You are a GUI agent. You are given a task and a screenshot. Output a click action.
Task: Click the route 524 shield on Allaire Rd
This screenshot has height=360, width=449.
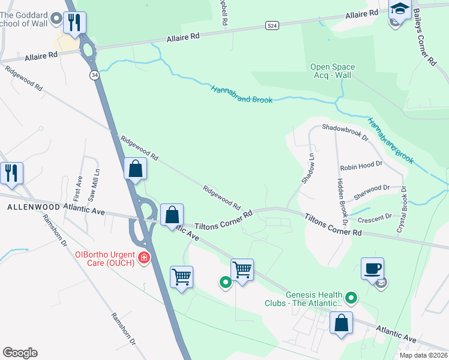(x=272, y=26)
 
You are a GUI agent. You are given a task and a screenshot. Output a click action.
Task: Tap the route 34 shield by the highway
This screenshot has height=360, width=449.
(x=94, y=75)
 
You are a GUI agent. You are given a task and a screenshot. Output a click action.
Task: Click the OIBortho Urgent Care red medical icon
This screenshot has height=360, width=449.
(x=143, y=258)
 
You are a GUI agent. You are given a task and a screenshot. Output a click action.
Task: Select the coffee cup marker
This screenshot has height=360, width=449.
(x=372, y=268)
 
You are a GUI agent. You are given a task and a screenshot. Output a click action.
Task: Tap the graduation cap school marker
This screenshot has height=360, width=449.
(x=399, y=9)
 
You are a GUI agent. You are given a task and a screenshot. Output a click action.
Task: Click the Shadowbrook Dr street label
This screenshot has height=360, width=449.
(x=345, y=133)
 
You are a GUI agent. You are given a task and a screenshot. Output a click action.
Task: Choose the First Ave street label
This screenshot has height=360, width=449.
(x=77, y=188)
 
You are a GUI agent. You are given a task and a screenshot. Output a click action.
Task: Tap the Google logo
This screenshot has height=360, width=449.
(x=20, y=353)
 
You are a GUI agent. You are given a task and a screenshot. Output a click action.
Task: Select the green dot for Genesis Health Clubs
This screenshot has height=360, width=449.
(x=352, y=296)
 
